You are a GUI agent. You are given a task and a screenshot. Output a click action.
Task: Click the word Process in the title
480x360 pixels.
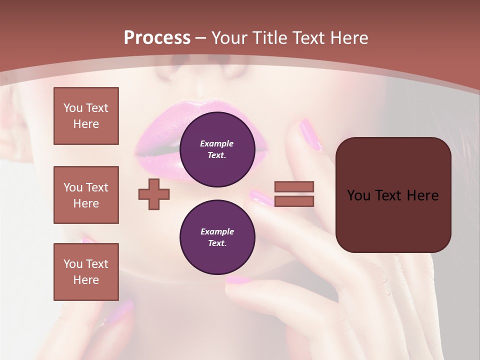pos(157,38)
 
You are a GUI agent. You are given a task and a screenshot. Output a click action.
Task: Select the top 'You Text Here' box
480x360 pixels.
pos(86,116)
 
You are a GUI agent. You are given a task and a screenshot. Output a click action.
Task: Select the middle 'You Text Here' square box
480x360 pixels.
pos(86,195)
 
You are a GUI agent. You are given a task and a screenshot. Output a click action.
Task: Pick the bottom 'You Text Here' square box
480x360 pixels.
pos(86,272)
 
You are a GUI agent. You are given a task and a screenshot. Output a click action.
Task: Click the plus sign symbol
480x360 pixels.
pos(154,194)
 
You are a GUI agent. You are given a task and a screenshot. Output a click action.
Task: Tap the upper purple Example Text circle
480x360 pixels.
pos(217,149)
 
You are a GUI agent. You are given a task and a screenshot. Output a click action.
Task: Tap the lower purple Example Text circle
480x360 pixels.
pos(217,237)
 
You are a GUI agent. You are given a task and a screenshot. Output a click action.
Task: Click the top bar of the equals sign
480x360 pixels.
pos(294,187)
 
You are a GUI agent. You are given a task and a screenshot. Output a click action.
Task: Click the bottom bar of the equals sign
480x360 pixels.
pos(294,201)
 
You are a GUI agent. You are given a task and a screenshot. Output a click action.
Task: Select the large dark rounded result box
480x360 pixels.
pos(393,195)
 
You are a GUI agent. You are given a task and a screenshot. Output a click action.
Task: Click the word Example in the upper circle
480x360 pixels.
pos(217,143)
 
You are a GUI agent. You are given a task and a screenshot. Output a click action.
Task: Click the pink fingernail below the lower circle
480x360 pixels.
pos(239,280)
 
